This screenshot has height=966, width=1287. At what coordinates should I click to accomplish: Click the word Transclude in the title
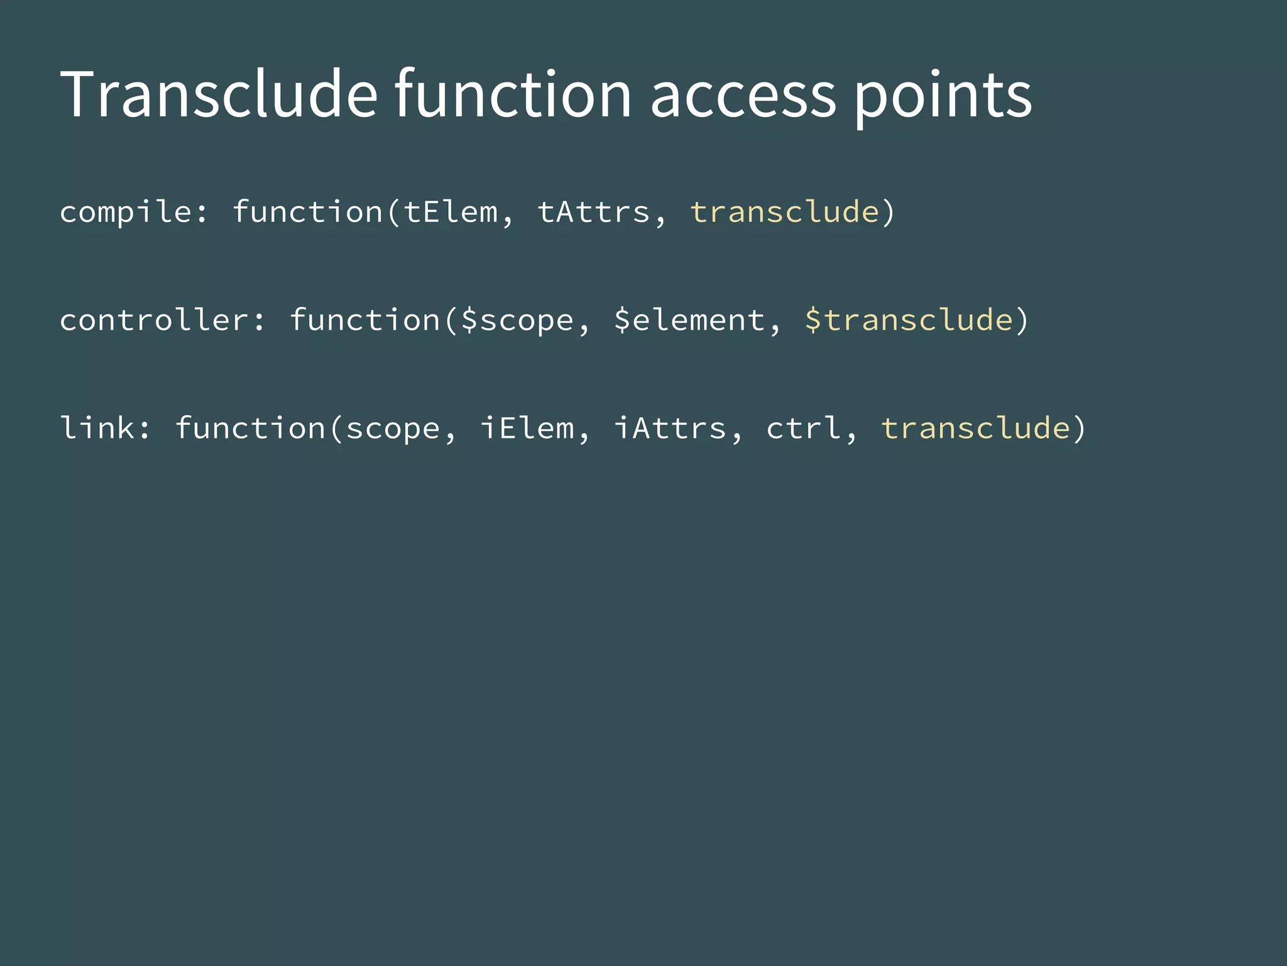click(x=219, y=94)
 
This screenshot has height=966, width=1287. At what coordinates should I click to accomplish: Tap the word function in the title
click(x=512, y=94)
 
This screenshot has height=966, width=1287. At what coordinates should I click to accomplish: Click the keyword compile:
click(x=134, y=212)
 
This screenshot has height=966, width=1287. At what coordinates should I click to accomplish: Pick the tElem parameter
click(x=451, y=212)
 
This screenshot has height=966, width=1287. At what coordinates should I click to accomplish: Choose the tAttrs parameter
click(x=594, y=212)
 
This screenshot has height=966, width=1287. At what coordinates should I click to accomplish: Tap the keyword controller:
click(x=163, y=320)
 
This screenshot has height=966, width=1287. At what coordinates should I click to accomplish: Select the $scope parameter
click(x=517, y=320)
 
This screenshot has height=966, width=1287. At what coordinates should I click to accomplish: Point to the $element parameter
click(x=689, y=320)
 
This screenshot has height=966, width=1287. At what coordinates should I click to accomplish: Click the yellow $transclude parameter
click(x=909, y=320)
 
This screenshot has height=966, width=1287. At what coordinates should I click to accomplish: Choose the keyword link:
click(x=106, y=428)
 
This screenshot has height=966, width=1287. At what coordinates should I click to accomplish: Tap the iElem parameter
click(x=527, y=428)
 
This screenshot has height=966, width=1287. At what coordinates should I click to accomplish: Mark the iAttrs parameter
click(x=671, y=428)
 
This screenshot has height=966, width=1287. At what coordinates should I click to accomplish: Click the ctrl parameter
click(x=804, y=428)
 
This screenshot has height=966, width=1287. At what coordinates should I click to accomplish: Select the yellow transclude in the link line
click(x=975, y=428)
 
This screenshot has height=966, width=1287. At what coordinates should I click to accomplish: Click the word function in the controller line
click(x=365, y=320)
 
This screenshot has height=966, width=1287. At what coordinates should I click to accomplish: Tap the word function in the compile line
click(x=308, y=212)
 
